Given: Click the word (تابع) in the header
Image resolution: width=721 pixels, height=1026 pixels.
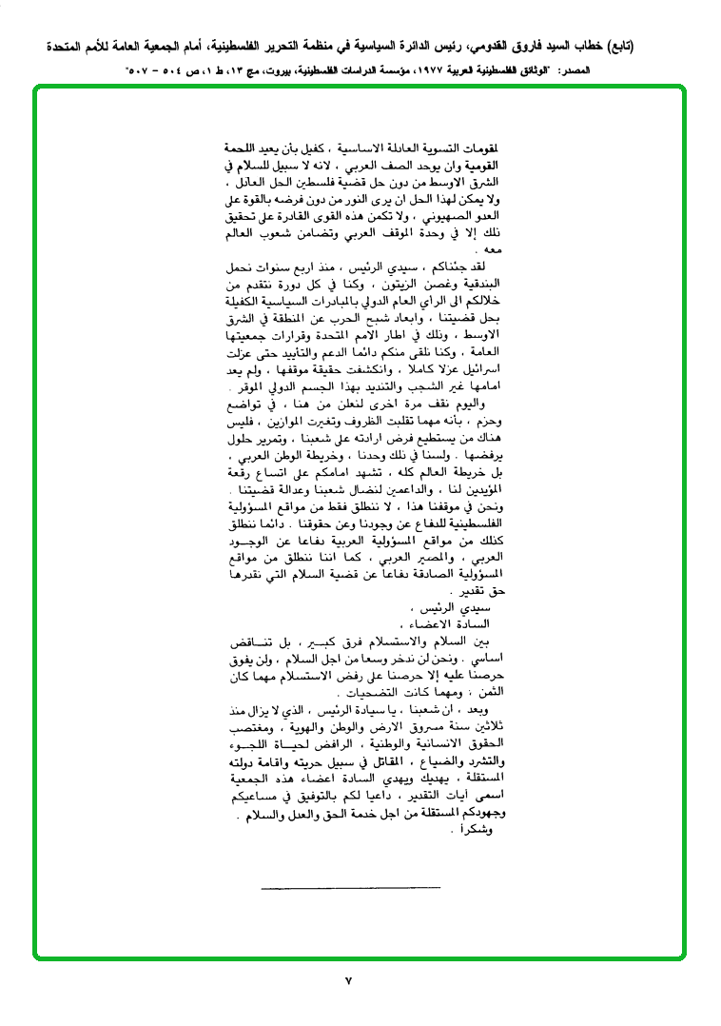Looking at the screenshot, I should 621,45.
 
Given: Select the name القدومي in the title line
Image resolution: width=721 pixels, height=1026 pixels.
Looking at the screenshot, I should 489,45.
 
